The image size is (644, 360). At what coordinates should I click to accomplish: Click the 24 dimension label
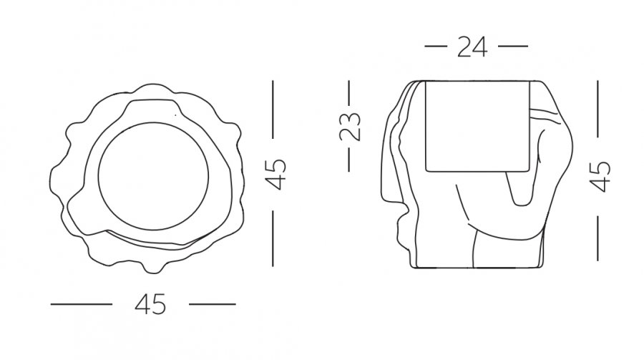point(472,47)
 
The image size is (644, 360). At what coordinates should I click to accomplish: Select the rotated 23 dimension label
point(350,126)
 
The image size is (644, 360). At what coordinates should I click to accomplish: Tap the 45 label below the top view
point(150,304)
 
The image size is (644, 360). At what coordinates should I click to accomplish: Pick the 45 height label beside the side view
point(600,177)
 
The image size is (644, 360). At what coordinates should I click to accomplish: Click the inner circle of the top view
point(99,176)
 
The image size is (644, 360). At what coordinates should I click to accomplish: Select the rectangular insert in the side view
point(426,126)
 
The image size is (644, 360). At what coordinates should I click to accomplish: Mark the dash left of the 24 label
point(435,47)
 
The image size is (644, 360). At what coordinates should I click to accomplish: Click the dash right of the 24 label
point(513,47)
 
